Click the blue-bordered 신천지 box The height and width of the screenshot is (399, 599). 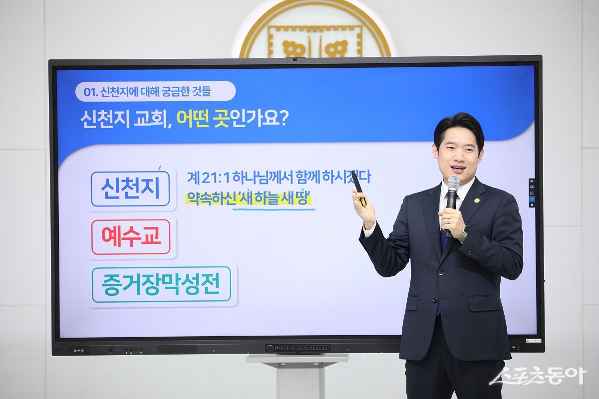(x=130, y=189)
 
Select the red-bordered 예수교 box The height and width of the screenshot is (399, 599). (x=131, y=237)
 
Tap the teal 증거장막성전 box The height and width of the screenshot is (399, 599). (x=161, y=284)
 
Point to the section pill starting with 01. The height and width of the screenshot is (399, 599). (x=155, y=91)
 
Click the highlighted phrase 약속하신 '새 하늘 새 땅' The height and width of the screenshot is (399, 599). (x=249, y=199)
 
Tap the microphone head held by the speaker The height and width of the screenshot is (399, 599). (x=453, y=184)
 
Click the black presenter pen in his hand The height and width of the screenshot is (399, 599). (x=358, y=188)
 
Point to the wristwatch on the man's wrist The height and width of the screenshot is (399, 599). (x=464, y=233)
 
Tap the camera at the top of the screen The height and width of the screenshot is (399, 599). (x=295, y=60)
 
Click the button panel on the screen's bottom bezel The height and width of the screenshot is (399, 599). (x=298, y=348)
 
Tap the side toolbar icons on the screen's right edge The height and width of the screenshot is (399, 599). (x=532, y=193)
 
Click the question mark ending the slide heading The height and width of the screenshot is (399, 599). (x=282, y=120)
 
